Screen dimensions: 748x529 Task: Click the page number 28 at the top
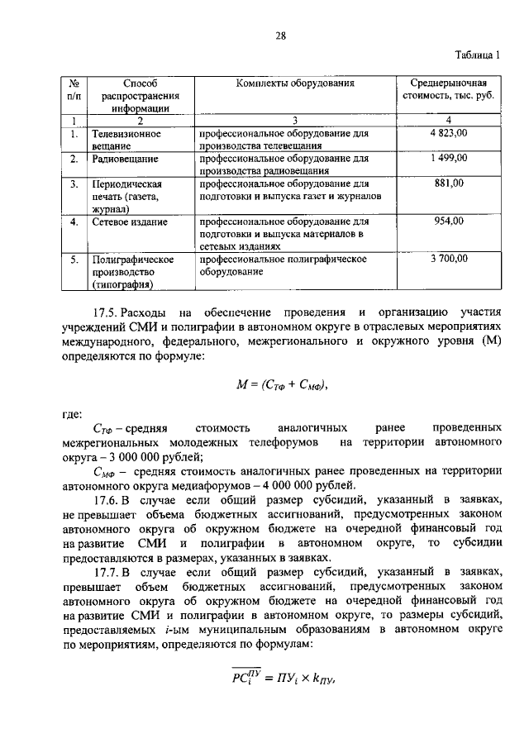[x=280, y=36]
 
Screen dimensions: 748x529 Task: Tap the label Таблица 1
[x=479, y=56]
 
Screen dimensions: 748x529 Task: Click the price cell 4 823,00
[x=449, y=132]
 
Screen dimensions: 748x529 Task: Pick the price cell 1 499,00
[x=449, y=157]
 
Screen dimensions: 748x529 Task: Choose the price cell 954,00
[x=449, y=222]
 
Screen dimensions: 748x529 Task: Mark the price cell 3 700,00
[x=449, y=259]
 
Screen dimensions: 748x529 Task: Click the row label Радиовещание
[x=125, y=157]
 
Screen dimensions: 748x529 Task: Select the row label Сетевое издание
[x=130, y=222]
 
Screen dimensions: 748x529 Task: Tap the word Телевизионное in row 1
[x=126, y=132]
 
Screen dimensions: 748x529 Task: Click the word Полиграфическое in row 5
[x=132, y=259]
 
